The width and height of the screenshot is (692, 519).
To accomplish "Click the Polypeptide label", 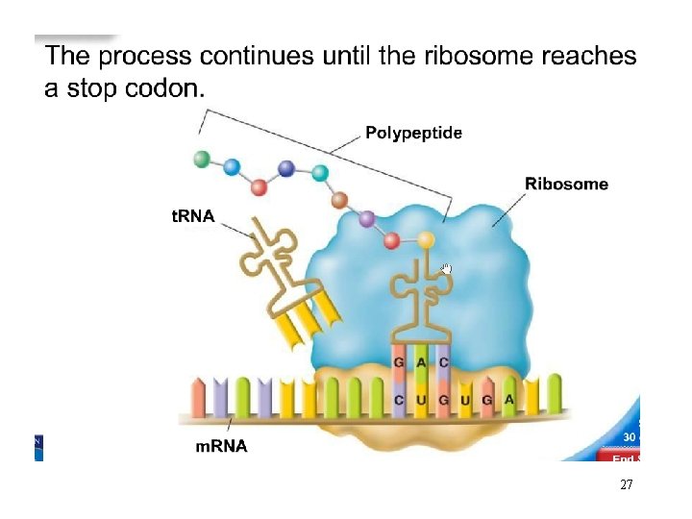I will click(413, 134).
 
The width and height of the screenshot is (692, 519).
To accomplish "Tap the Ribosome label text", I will click(566, 184).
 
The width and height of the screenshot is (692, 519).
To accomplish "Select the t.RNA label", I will click(193, 217).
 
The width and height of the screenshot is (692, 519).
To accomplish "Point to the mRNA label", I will click(221, 446).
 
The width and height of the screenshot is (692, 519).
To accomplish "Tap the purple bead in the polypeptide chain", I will click(365, 220).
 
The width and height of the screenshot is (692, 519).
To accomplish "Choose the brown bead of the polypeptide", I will click(339, 200).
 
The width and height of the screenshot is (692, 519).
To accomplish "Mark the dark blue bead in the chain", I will click(285, 168).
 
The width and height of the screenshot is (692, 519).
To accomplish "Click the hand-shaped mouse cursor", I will click(445, 268).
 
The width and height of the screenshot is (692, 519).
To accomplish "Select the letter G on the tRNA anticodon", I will click(399, 362).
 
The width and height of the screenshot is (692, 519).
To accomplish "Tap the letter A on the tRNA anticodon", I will click(421, 362).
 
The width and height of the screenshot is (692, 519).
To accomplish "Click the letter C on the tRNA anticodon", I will click(442, 362).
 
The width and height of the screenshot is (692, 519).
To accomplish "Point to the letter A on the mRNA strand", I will click(509, 399).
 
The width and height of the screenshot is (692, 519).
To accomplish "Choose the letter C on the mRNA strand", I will click(399, 399).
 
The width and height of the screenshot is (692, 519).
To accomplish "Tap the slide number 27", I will click(626, 485).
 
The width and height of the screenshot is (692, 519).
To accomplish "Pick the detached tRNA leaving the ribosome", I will click(284, 279).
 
